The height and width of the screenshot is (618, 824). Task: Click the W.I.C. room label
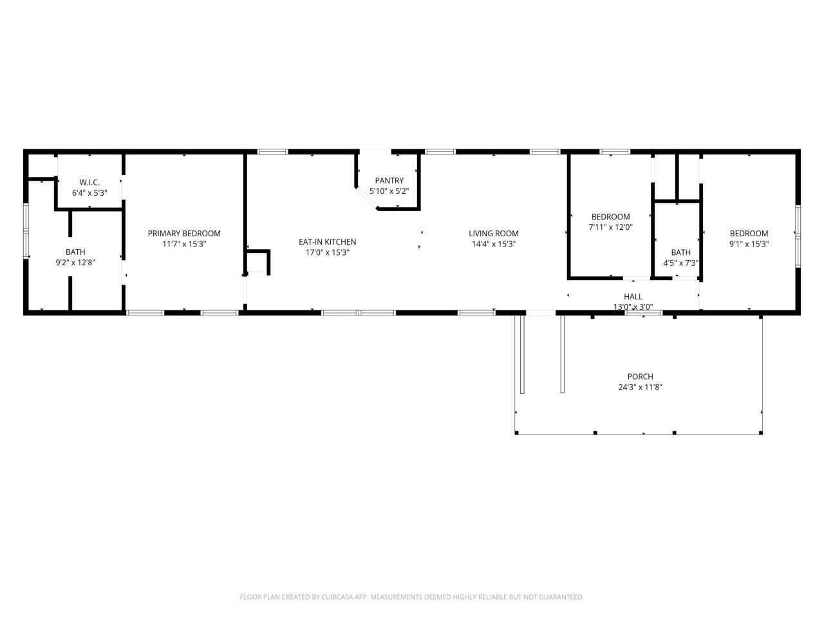pyautogui.click(x=89, y=182)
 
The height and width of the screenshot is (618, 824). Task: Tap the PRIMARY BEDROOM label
pyautogui.click(x=184, y=234)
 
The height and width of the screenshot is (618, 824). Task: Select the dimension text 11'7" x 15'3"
pyautogui.click(x=184, y=244)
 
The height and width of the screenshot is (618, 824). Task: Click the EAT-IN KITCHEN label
pyautogui.click(x=327, y=242)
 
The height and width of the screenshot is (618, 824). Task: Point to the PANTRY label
pyautogui.click(x=389, y=181)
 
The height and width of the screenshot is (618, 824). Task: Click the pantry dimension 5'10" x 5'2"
pyautogui.click(x=389, y=191)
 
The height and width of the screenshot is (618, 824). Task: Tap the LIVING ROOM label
pyautogui.click(x=494, y=234)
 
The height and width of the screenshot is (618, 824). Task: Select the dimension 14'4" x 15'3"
pyautogui.click(x=494, y=244)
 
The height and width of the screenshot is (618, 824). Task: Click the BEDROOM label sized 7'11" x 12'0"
pyautogui.click(x=611, y=217)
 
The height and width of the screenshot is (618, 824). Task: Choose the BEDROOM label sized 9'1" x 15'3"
pyautogui.click(x=749, y=234)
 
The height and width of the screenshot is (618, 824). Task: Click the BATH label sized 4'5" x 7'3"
pyautogui.click(x=680, y=252)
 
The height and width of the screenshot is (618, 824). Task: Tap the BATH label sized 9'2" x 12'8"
pyautogui.click(x=75, y=252)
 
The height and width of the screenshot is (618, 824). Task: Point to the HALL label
pyautogui.click(x=633, y=296)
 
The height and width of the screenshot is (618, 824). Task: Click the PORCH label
pyautogui.click(x=640, y=377)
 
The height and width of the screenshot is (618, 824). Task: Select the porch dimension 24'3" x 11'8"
pyautogui.click(x=640, y=387)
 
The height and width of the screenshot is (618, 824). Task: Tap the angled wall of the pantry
pyautogui.click(x=366, y=198)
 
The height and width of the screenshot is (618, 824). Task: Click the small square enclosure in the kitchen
pyautogui.click(x=258, y=262)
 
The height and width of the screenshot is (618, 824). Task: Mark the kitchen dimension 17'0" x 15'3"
pyautogui.click(x=327, y=252)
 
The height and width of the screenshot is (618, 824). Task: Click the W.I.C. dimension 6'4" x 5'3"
pyautogui.click(x=89, y=192)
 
